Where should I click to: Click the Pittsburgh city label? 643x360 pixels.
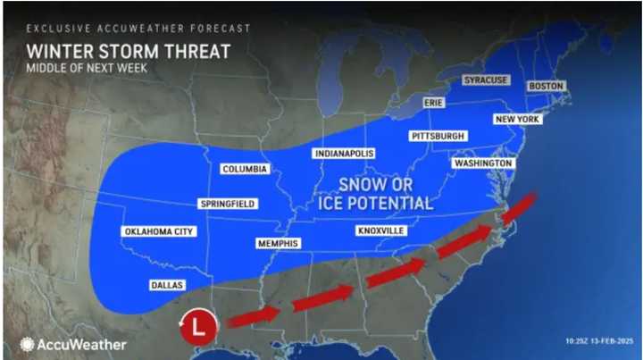(438, 136)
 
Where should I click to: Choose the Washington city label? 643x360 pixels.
(482, 164)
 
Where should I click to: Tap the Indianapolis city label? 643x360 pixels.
(343, 154)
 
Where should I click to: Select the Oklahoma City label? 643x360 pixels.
(157, 232)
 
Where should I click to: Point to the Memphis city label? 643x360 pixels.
(278, 243)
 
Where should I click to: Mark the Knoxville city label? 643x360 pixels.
(381, 230)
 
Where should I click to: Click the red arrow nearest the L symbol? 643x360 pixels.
(254, 316)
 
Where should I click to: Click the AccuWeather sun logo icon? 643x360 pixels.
(27, 344)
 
